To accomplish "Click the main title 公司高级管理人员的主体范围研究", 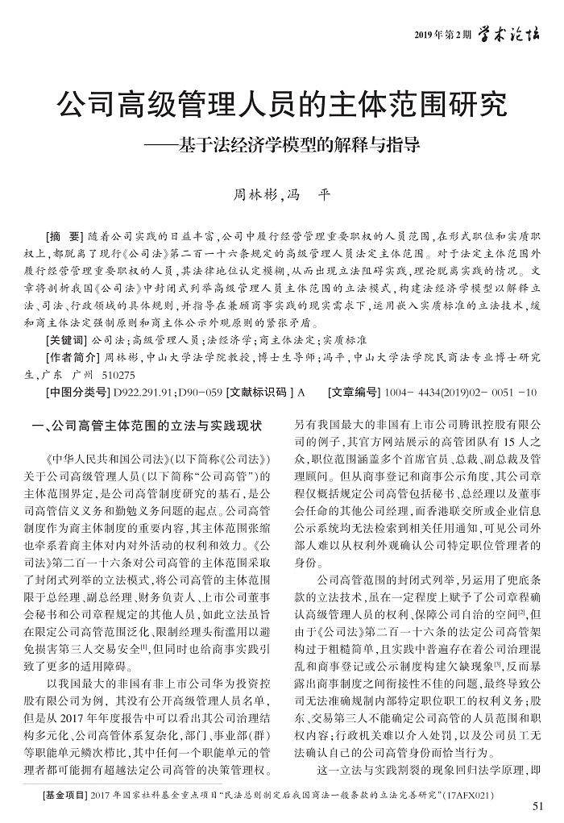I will (x=282, y=106).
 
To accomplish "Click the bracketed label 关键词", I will (x=69, y=340).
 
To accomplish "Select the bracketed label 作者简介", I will (x=74, y=357).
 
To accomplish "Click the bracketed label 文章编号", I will (x=354, y=393).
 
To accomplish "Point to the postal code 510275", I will (x=118, y=375).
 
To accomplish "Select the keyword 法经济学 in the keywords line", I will (x=228, y=340).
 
